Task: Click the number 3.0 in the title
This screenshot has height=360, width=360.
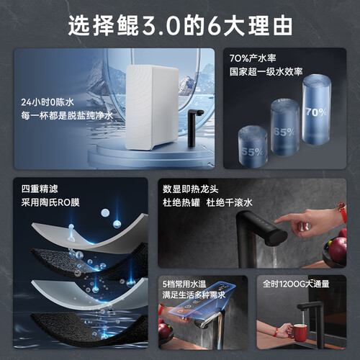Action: coord(161,26)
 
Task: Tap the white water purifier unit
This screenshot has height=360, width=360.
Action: coord(151,107)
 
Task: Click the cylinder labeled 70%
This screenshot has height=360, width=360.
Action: coord(317,110)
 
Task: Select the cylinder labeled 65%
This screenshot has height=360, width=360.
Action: coord(285,127)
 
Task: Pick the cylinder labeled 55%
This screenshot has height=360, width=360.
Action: coord(253,146)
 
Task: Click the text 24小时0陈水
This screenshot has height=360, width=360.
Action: coord(48,102)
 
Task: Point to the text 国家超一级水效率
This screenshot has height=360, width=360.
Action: coord(266,71)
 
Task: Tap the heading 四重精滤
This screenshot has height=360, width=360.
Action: coord(40,189)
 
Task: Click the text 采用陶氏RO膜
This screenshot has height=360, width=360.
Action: coord(50,202)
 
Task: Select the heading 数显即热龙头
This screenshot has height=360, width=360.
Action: coord(191,189)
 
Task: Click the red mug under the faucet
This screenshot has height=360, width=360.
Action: coord(299,333)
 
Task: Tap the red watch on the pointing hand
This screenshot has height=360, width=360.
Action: coord(343,212)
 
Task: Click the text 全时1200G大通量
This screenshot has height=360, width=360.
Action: coord(296,284)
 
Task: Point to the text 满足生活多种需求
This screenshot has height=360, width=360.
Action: coord(194,294)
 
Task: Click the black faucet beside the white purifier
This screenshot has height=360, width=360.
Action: coord(194,127)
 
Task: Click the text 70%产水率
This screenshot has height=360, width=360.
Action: coord(253,58)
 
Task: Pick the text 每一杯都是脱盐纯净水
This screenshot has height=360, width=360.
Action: coord(67,116)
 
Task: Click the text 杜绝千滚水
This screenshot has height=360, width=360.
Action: coord(230,202)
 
